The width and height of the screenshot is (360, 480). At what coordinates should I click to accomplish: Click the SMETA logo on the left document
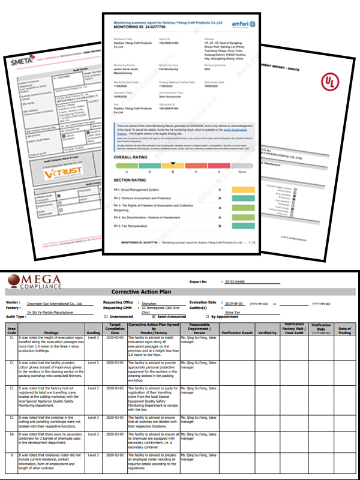click(22, 61)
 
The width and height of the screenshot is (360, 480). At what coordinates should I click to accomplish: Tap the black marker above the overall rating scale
click(173, 163)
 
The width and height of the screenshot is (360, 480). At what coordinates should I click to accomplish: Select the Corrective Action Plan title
click(179, 292)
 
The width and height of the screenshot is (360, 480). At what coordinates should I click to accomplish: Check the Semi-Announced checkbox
click(154, 316)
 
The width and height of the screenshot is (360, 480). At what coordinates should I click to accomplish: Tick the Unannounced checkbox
click(106, 316)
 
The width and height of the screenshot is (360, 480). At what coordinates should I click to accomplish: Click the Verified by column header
click(268, 332)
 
